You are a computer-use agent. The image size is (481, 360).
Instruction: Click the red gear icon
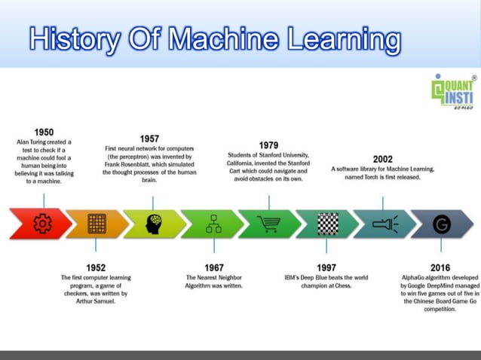[x=42, y=224]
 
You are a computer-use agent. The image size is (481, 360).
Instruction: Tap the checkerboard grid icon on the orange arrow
[x=96, y=224]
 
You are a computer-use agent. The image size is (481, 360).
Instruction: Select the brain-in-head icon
[x=153, y=224]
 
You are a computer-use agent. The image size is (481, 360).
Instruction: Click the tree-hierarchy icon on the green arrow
[x=213, y=224]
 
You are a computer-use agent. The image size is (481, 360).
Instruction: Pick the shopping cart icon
[x=268, y=224]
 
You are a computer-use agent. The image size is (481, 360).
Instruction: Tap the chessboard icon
[x=326, y=224]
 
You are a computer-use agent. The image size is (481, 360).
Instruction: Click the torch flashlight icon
[x=384, y=224]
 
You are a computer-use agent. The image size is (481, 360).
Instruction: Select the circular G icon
[x=442, y=224]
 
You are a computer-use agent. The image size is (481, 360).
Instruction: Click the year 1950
[x=44, y=132]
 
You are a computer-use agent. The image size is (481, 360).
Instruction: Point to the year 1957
[x=149, y=139]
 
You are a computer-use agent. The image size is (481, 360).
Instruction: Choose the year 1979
[x=268, y=145]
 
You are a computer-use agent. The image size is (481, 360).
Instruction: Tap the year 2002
[x=382, y=159]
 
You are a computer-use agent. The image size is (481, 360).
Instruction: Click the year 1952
[x=96, y=267]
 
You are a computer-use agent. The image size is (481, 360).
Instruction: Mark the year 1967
[x=214, y=267]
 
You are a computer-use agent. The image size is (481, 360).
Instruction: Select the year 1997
[x=326, y=267]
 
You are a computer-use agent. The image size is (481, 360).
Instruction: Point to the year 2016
[x=440, y=267]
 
